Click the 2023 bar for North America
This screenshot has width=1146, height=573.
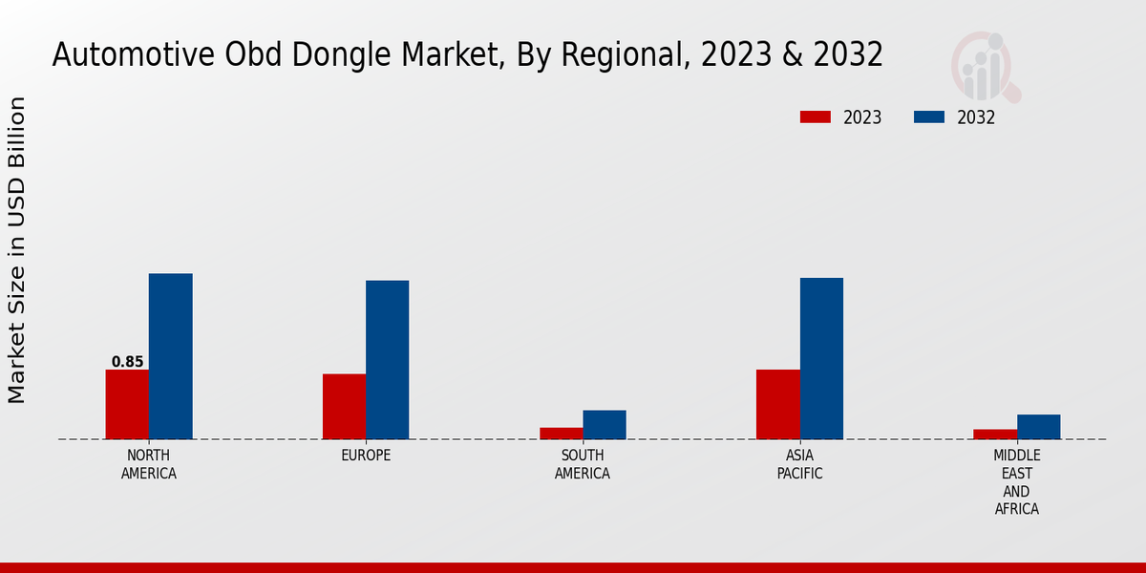pyautogui.click(x=127, y=404)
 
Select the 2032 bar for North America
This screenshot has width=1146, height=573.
pyautogui.click(x=170, y=356)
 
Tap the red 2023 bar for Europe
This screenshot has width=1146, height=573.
pyautogui.click(x=344, y=406)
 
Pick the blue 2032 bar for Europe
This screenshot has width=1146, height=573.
pyautogui.click(x=387, y=359)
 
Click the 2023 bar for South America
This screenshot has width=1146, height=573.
pyautogui.click(x=561, y=433)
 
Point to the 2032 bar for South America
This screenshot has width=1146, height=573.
pyautogui.click(x=605, y=424)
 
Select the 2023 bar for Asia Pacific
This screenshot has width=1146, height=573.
pyautogui.click(x=777, y=404)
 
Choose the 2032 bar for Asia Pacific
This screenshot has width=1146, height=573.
pyautogui.click(x=821, y=358)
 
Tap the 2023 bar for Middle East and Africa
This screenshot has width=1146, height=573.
pyautogui.click(x=995, y=434)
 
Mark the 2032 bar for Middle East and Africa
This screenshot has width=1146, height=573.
pyautogui.click(x=1038, y=426)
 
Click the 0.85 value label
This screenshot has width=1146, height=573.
pyautogui.click(x=127, y=362)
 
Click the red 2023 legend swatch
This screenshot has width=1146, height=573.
pyautogui.click(x=815, y=117)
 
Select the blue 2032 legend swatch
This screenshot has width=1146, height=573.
pyautogui.click(x=928, y=117)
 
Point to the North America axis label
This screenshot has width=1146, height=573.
pyautogui.click(x=149, y=464)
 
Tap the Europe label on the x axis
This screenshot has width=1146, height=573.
pyautogui.click(x=366, y=456)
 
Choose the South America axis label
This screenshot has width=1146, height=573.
pyautogui.click(x=583, y=464)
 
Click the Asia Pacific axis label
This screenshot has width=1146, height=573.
pyautogui.click(x=799, y=464)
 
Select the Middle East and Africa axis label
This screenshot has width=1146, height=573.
pyautogui.click(x=1016, y=482)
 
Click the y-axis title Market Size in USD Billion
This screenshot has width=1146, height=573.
pyautogui.click(x=18, y=250)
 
